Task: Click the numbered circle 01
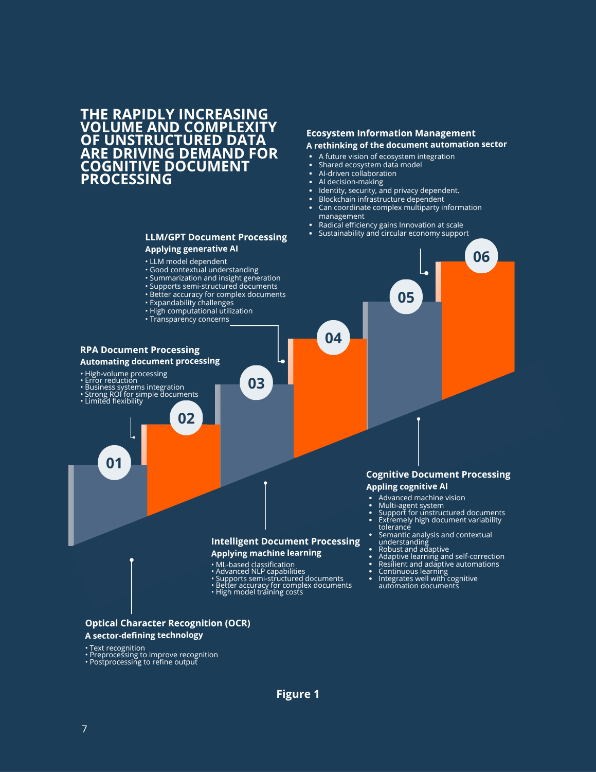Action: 114,463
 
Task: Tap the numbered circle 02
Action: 186,418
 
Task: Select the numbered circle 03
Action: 256,383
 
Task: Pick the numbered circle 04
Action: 333,338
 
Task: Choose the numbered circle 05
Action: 406,297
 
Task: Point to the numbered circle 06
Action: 481,256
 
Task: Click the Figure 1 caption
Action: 298,694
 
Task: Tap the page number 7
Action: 84,729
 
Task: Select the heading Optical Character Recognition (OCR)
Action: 168,623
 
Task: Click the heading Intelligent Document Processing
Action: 285,541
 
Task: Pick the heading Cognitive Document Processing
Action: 438,475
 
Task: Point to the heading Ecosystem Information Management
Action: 391,133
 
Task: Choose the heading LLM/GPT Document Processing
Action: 216,237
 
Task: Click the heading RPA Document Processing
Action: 140,350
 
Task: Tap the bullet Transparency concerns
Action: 189,319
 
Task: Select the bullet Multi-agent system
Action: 411,505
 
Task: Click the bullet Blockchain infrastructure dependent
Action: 381,199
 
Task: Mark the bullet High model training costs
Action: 259,592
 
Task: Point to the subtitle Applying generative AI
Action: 191,249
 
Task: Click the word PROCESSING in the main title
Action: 127,179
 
